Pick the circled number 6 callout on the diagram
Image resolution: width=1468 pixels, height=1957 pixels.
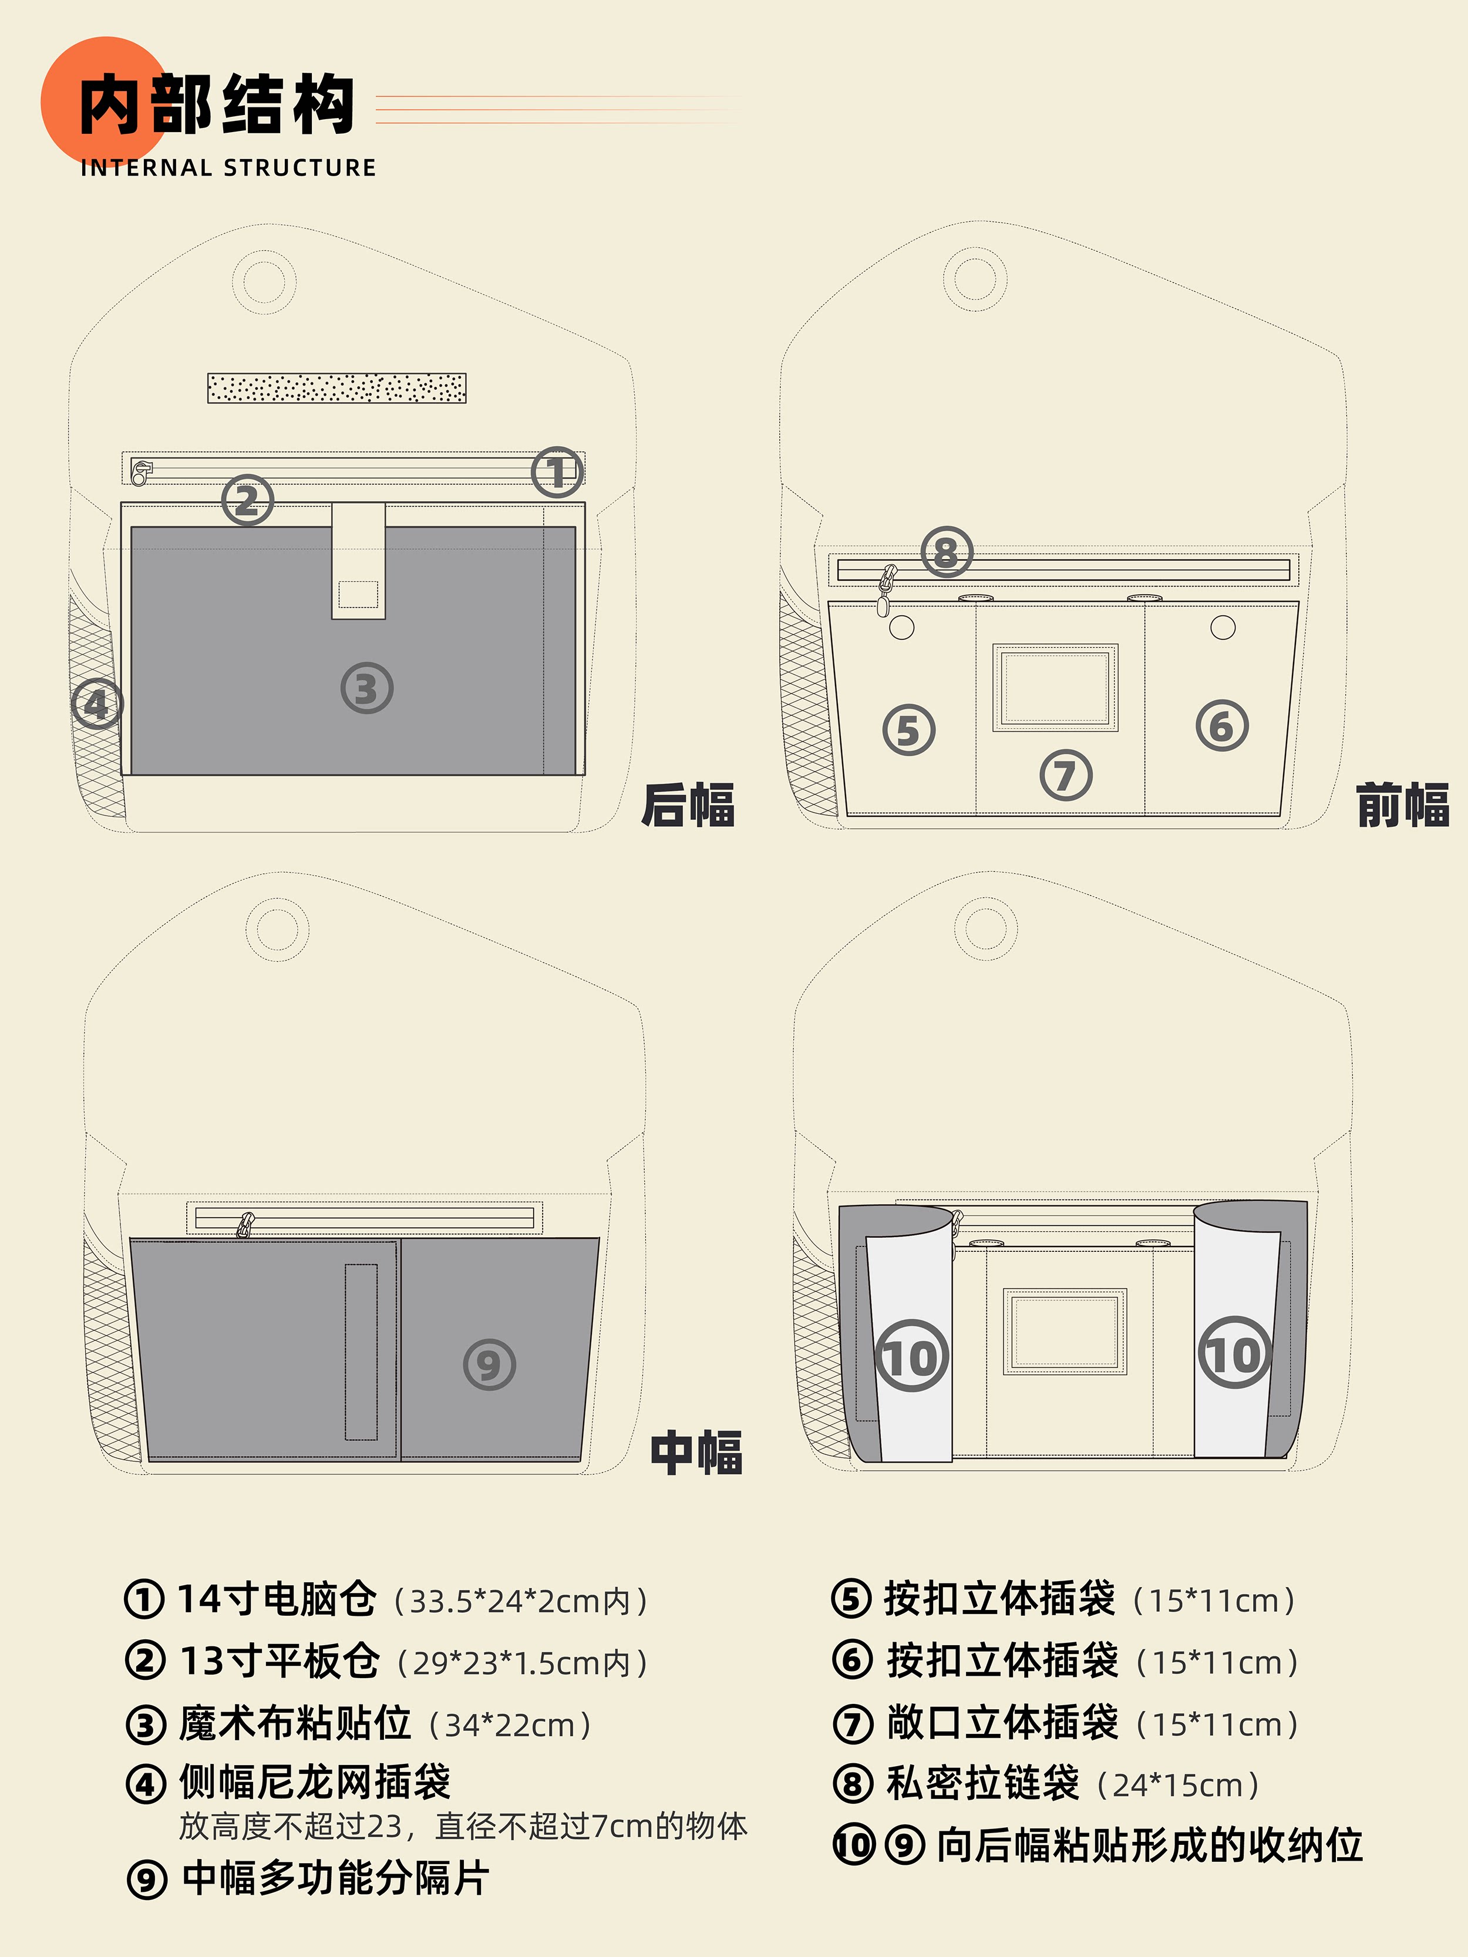(x=1222, y=726)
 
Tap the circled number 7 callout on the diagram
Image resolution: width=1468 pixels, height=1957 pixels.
(x=1065, y=775)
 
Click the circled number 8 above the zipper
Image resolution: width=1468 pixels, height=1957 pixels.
(x=946, y=552)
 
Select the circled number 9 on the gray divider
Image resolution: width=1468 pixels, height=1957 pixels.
(x=489, y=1364)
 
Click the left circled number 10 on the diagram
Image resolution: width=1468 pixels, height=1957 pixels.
(x=911, y=1356)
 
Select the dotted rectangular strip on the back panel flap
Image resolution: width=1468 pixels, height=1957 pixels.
(x=336, y=388)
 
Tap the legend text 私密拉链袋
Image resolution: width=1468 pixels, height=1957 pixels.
(x=982, y=1784)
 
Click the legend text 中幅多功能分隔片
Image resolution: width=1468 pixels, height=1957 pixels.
(x=335, y=1878)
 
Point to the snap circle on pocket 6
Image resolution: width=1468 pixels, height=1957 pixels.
(x=1222, y=627)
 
